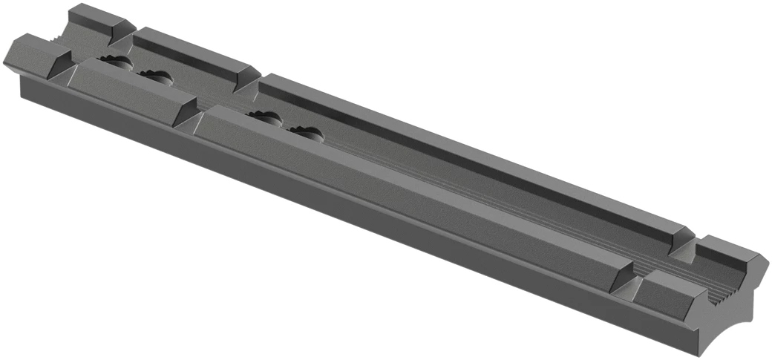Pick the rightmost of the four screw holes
click(306, 134)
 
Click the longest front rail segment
click(408, 193)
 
